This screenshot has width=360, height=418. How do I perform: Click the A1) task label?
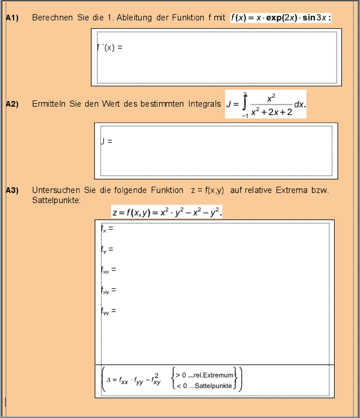tap(12, 18)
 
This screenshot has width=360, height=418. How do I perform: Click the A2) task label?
tap(12, 104)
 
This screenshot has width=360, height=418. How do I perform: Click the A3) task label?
tap(12, 190)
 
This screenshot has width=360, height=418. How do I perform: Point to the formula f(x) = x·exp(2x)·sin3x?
tap(281, 18)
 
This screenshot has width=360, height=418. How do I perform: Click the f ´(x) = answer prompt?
tap(109, 47)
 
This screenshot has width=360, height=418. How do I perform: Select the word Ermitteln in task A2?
tap(52, 104)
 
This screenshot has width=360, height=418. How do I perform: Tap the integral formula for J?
tap(265, 104)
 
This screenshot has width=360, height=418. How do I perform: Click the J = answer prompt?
tap(106, 141)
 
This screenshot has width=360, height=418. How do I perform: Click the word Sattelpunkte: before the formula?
tap(57, 200)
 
